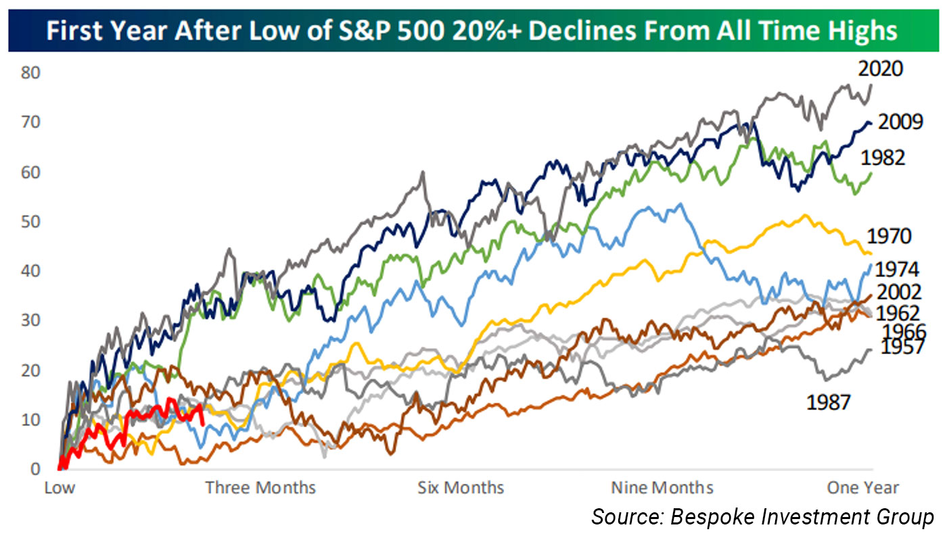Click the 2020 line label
point(881,70)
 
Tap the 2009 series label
point(900,122)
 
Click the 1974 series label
point(897,270)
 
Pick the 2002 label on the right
point(899,293)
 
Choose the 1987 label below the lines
point(828,403)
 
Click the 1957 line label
point(903,348)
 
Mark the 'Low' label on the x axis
point(60,488)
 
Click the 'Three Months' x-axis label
point(260,488)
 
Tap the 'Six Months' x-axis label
point(461,488)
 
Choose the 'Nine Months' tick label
point(662,488)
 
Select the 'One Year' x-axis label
point(863,488)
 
